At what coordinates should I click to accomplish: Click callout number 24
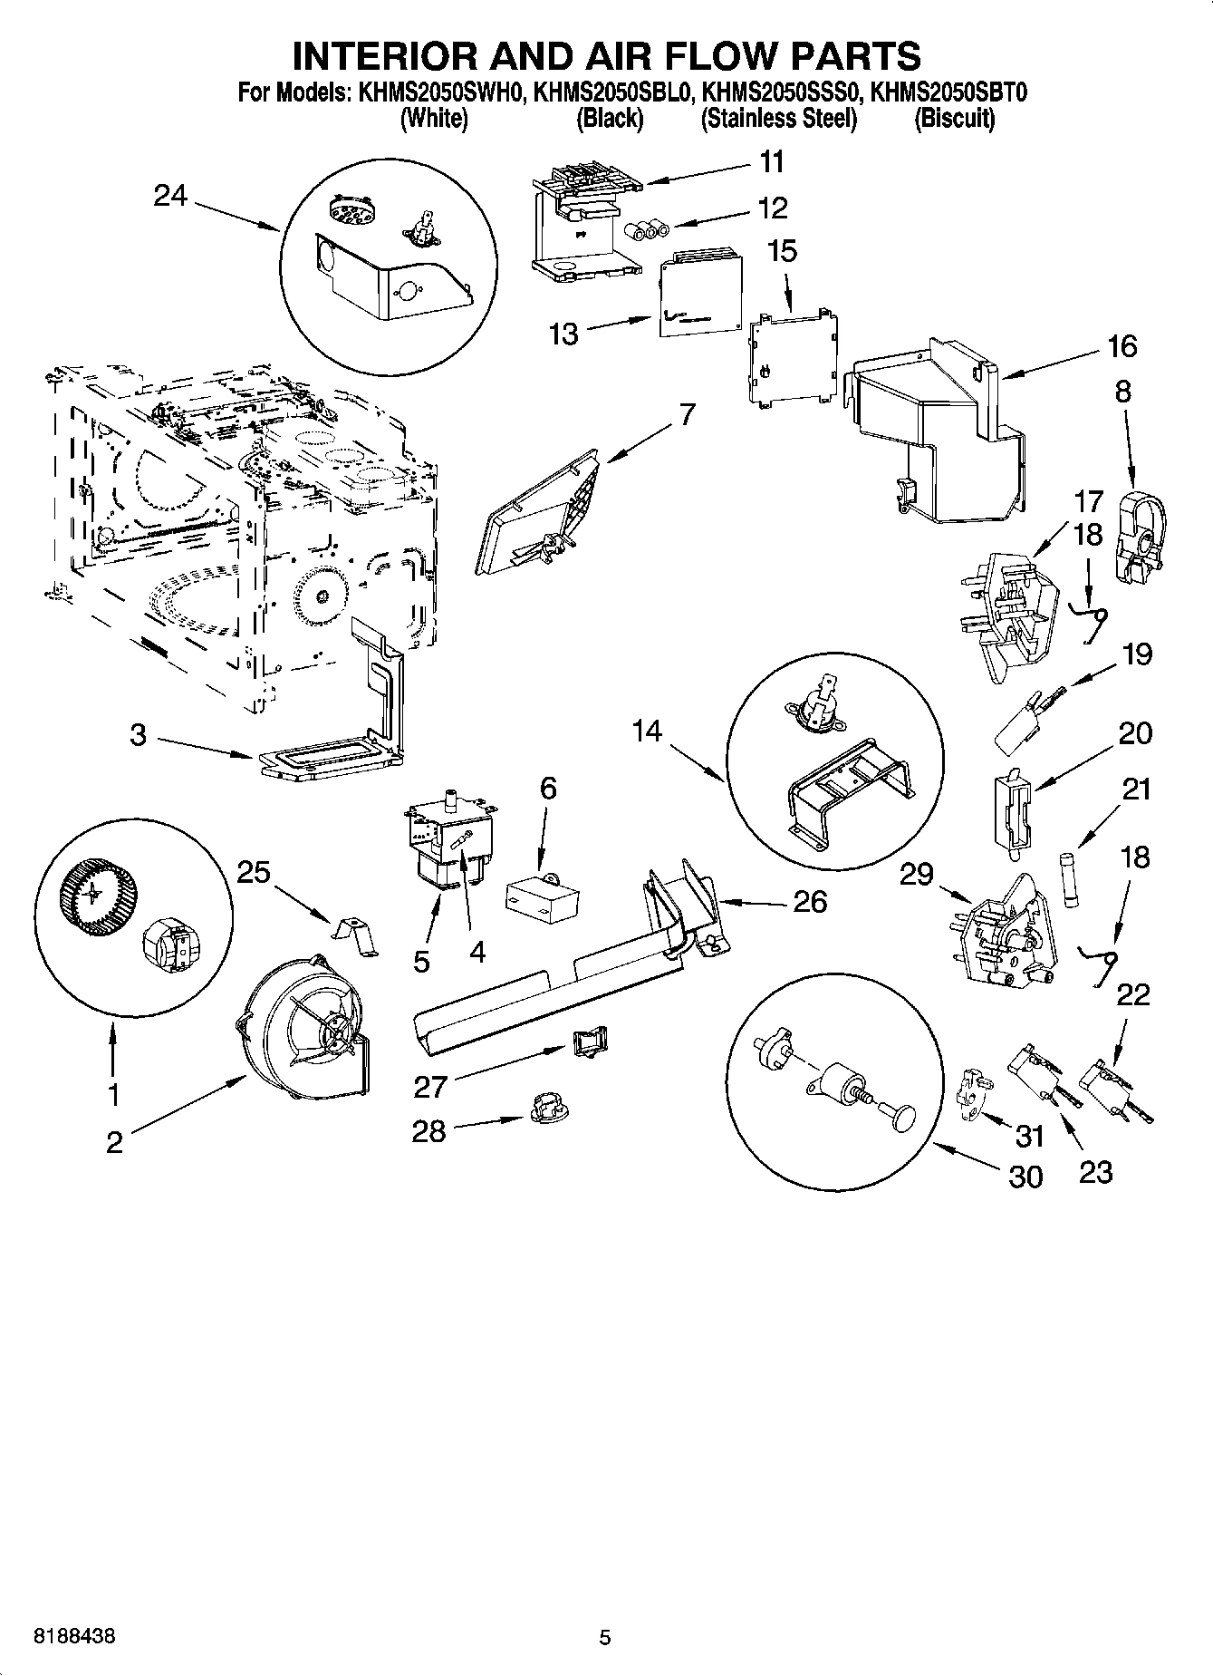[169, 195]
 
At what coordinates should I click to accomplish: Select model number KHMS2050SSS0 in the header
[780, 92]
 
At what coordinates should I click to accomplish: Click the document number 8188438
[73, 1637]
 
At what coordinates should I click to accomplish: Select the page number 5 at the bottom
[605, 1637]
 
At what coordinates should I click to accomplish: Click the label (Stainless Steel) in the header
[778, 119]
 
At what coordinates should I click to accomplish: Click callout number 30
[1025, 1177]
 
